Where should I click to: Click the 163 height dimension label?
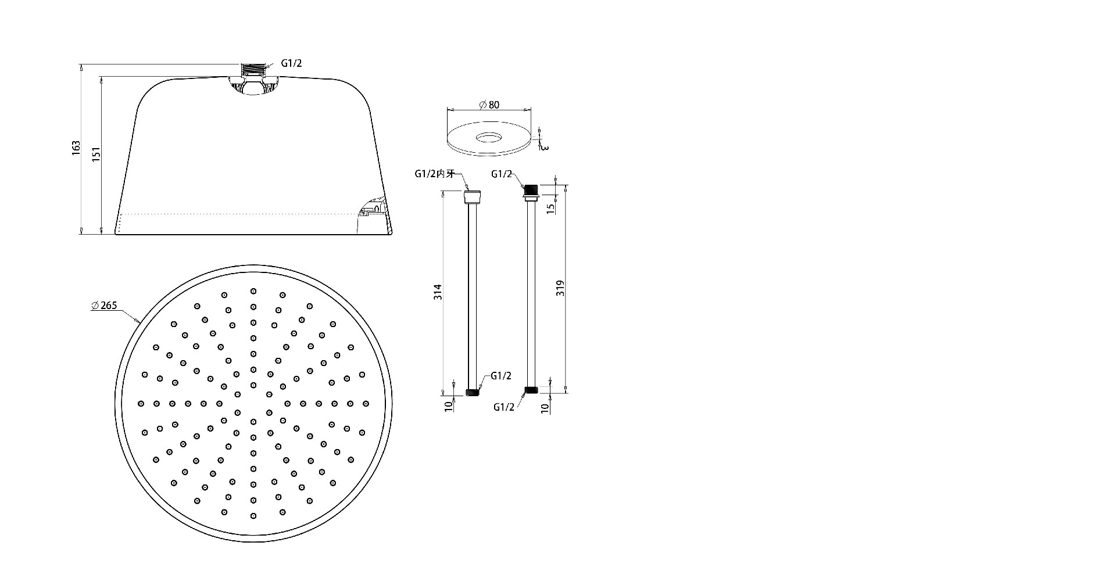pos(76,148)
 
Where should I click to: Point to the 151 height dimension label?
pos(96,153)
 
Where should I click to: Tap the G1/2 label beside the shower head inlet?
pos(292,63)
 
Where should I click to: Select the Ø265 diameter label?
pos(105,306)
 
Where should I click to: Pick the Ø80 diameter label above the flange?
pos(489,105)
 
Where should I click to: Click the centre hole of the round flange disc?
pos(489,138)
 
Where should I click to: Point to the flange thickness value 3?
pos(544,146)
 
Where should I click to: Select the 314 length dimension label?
pos(439,292)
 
